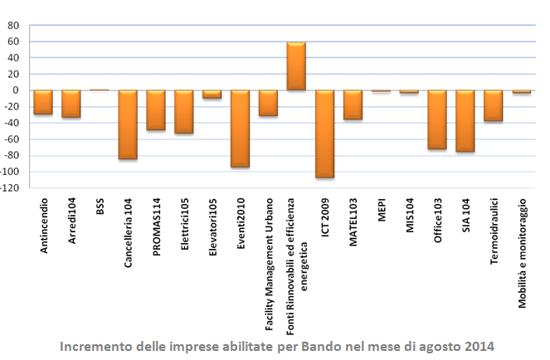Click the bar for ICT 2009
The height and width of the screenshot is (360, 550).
pyautogui.click(x=324, y=134)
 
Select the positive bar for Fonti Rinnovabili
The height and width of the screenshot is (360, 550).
pyautogui.click(x=296, y=66)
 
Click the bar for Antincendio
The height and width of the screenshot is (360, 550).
pyautogui.click(x=43, y=102)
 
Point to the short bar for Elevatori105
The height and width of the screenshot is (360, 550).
pyautogui.click(x=212, y=95)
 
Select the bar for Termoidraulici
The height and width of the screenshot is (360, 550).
pyautogui.click(x=494, y=105)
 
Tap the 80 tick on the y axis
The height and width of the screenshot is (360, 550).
pyautogui.click(x=14, y=26)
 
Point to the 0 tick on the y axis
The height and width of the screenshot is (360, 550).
pyautogui.click(x=17, y=90)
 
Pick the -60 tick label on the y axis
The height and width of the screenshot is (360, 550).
pyautogui.click(x=12, y=139)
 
